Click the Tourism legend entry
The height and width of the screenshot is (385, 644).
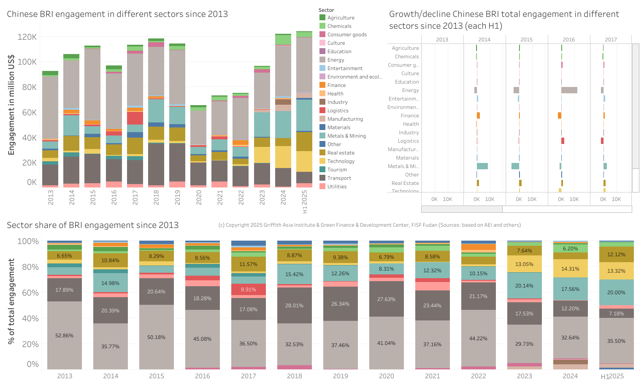pyautogui.click(x=337, y=170)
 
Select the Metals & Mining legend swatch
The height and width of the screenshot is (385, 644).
pyautogui.click(x=322, y=136)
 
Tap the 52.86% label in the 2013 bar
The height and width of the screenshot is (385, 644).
pyautogui.click(x=64, y=336)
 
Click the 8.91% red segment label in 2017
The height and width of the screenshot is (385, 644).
pyautogui.click(x=248, y=290)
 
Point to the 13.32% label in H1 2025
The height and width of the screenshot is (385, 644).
pyautogui.click(x=616, y=271)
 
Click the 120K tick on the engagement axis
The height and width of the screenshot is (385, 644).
pyautogui.click(x=27, y=37)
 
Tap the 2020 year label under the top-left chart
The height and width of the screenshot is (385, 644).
pyautogui.click(x=199, y=197)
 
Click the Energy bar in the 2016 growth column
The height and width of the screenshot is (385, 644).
pyautogui.click(x=569, y=90)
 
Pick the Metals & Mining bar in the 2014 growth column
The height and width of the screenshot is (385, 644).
pyautogui.click(x=482, y=166)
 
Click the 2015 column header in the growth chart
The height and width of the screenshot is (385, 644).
pyautogui.click(x=526, y=40)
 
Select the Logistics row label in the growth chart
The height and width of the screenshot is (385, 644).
pyautogui.click(x=408, y=141)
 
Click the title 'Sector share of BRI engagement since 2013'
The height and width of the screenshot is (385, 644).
pyautogui.click(x=93, y=225)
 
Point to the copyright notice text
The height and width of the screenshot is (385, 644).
pyautogui.click(x=369, y=225)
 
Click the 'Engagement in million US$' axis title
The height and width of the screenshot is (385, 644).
pyautogui.click(x=11, y=105)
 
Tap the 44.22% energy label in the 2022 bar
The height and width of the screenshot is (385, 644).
pyautogui.click(x=478, y=339)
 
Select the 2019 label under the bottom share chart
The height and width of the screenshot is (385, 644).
pyautogui.click(x=340, y=376)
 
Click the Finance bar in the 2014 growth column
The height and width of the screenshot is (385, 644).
pyautogui.click(x=478, y=116)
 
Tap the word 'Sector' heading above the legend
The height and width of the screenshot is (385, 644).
pyautogui.click(x=326, y=10)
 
